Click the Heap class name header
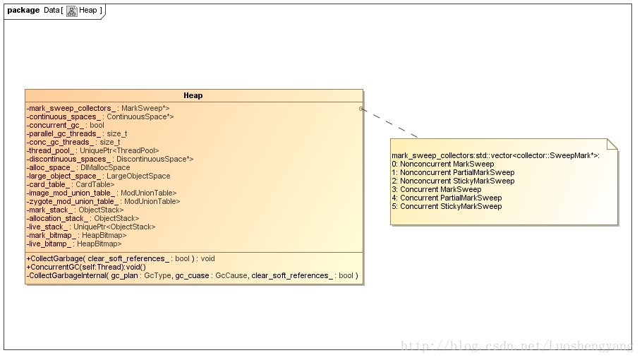pos(193,95)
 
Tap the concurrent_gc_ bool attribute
pos(65,125)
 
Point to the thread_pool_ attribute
pos(92,150)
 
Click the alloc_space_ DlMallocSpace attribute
pos(78,167)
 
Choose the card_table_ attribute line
pos(70,184)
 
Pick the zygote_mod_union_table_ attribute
pos(101,201)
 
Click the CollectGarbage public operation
pos(120,258)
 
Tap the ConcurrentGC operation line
pos(85,267)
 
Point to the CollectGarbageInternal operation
pos(192,275)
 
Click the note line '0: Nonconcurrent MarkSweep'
pos(442,164)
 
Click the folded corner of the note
pos(612,144)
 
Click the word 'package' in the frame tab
pos(23,10)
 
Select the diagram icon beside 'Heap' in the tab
pos(71,11)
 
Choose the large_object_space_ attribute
pos(98,176)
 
